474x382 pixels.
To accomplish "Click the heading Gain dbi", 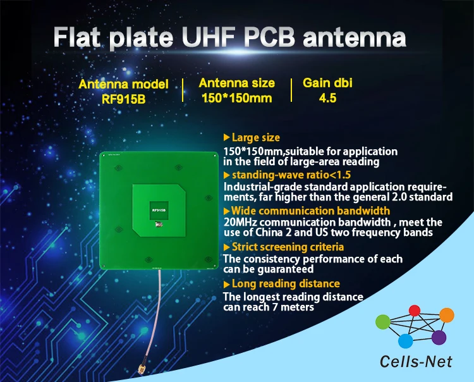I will pyautogui.click(x=328, y=83).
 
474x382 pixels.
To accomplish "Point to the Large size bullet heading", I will pyautogui.click(x=255, y=137).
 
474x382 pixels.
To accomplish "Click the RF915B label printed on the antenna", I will pyautogui.click(x=158, y=207).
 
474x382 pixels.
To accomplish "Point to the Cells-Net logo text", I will pyautogui.click(x=411, y=362).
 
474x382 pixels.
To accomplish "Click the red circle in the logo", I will pyautogui.click(x=415, y=311).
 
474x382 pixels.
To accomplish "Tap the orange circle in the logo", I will pyautogui.click(x=446, y=314).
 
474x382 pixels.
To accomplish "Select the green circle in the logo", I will pyautogui.click(x=384, y=322).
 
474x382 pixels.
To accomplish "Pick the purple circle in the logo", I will pyautogui.click(x=439, y=337).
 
